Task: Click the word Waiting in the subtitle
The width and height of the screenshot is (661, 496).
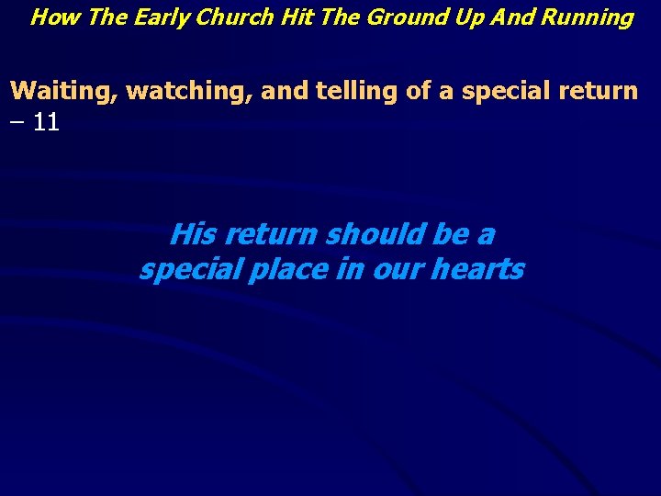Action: coord(63,91)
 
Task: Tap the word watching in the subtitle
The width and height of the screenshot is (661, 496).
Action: coord(187,92)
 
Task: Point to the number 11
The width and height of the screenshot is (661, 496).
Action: coord(46,122)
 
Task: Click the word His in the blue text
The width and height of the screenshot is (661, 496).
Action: coord(193,235)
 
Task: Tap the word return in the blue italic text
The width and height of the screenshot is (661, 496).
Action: coord(272,235)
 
